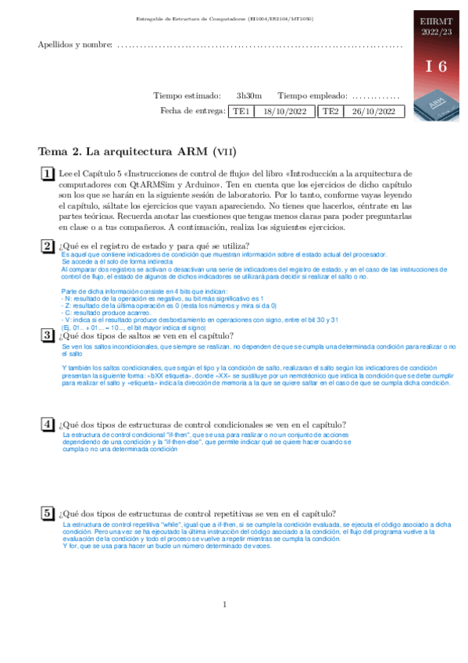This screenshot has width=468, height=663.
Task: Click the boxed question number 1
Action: click(x=48, y=174)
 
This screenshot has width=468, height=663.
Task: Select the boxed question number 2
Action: click(x=48, y=245)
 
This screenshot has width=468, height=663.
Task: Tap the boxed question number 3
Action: click(x=48, y=335)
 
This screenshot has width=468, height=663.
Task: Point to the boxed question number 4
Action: click(x=48, y=424)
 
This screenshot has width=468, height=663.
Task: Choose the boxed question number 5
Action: click(x=48, y=513)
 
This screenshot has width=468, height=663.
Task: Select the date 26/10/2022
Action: click(x=374, y=112)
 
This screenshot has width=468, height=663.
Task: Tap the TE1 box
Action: click(x=241, y=112)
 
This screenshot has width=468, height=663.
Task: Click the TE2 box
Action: click(x=331, y=112)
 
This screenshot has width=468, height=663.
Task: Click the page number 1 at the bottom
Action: click(x=224, y=604)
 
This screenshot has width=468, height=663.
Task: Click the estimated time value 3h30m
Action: click(x=249, y=95)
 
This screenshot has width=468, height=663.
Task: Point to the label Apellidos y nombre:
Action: click(x=75, y=44)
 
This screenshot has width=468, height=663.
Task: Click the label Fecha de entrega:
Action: click(x=192, y=112)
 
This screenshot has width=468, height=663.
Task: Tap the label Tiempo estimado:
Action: click(x=187, y=95)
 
